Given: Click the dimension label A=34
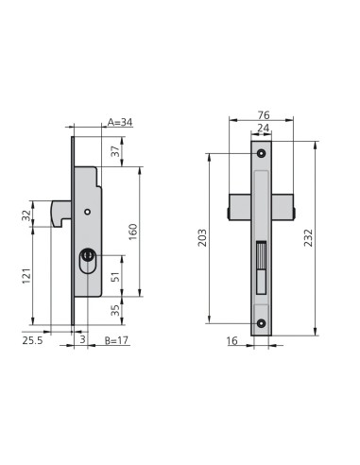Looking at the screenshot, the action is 120,122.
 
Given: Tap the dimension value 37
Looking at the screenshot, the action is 116,151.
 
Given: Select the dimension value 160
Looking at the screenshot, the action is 133,232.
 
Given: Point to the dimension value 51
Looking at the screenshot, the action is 116,277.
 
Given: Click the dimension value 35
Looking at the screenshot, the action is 116,311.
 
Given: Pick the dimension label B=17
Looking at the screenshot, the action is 116,340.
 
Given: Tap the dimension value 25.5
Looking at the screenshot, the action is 32,340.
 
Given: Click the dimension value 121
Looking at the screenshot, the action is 26,276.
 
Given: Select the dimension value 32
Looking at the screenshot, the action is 26,215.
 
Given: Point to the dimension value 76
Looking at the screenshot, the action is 264,115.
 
